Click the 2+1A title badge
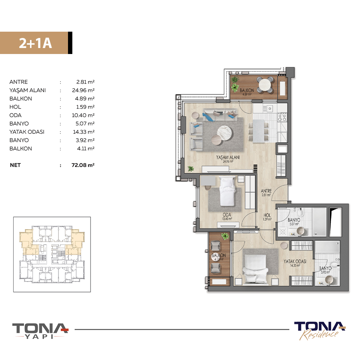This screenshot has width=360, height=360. click(36, 43)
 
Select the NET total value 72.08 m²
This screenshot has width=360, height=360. click(83, 165)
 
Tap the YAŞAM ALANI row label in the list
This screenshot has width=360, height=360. click(28, 90)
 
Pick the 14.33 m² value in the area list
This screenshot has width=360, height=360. click(84, 132)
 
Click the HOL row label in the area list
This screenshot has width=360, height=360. click(15, 107)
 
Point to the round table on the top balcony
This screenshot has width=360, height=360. click(265, 85)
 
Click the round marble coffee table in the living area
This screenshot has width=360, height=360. click(225, 133)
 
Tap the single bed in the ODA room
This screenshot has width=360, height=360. click(227, 191)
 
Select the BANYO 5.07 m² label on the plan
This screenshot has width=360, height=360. click(294, 222)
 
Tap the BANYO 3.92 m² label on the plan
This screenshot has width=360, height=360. click(325, 270)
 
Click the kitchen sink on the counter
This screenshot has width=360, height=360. click(267, 108)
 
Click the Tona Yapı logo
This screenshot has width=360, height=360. click(40, 331)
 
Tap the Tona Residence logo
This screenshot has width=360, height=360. click(320, 331)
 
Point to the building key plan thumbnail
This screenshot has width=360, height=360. click(52, 254)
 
